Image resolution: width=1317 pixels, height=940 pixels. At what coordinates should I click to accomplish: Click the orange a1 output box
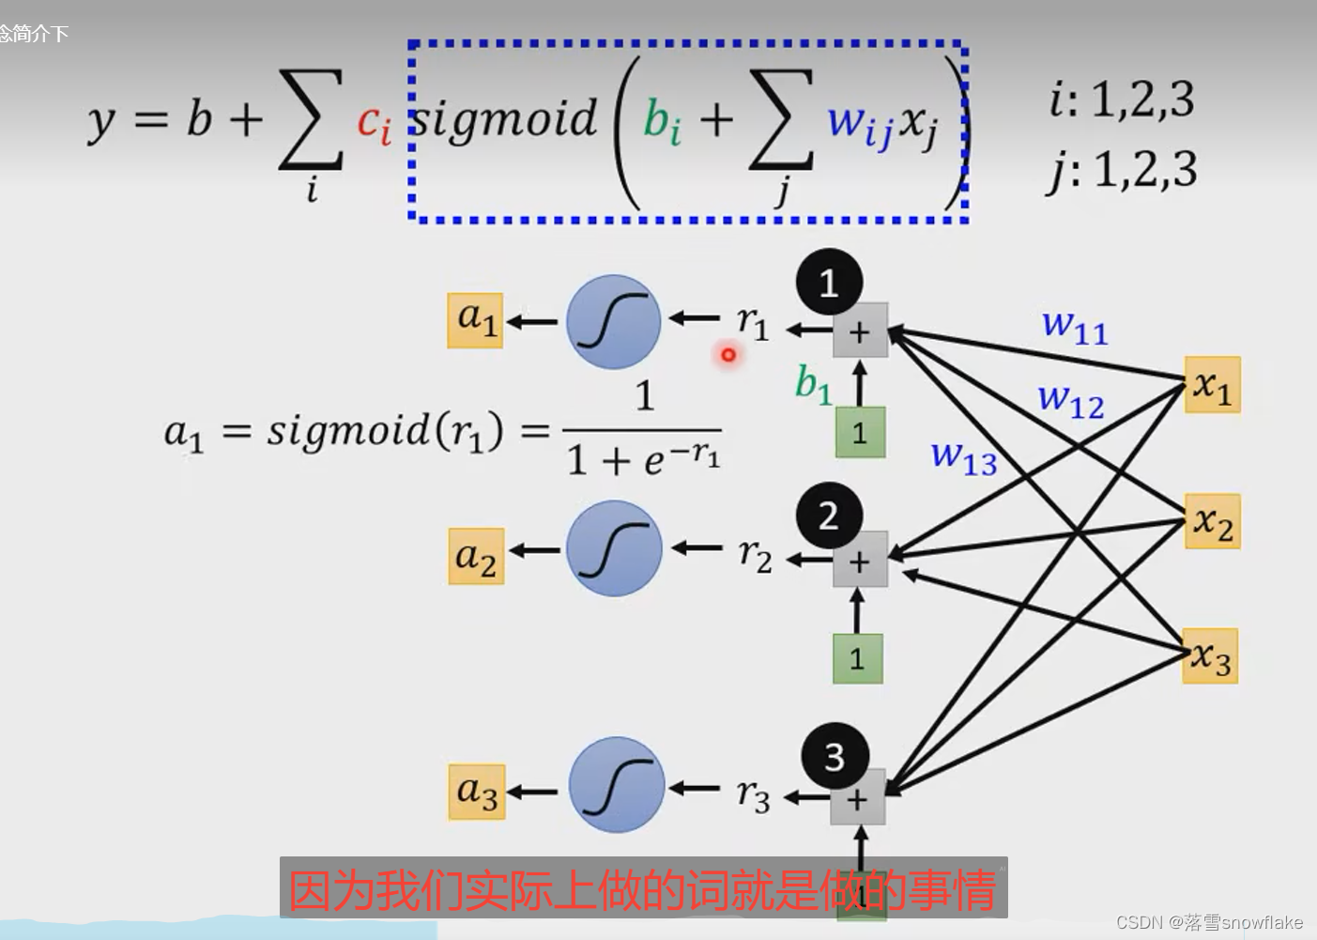475,320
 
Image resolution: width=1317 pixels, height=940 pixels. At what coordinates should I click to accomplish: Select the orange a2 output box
476,556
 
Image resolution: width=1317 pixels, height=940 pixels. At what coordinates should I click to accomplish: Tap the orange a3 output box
476,792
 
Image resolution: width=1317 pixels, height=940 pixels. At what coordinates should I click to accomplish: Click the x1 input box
1212,385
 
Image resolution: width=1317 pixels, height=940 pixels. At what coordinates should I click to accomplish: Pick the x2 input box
1212,521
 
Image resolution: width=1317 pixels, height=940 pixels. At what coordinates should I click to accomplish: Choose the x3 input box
1210,655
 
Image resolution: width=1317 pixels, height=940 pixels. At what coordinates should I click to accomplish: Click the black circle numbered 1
829,282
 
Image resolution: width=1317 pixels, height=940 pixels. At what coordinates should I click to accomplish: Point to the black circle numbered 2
829,516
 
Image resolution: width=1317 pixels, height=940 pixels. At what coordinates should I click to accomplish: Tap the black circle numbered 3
835,756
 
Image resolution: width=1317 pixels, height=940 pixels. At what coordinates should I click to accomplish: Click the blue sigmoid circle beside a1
614,322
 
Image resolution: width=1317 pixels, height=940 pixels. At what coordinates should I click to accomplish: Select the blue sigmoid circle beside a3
617,785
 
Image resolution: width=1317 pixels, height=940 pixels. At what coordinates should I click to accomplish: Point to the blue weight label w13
963,457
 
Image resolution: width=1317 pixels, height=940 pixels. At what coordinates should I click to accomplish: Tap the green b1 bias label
813,383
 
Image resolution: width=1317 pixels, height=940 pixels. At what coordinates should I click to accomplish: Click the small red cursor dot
727,355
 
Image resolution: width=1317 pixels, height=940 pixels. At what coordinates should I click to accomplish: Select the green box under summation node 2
857,658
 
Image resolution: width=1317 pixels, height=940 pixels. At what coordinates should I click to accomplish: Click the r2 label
755,555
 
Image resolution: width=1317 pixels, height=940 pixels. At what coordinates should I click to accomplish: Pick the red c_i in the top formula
374,122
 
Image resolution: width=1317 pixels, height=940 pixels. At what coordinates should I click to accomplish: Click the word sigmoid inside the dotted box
505,119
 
